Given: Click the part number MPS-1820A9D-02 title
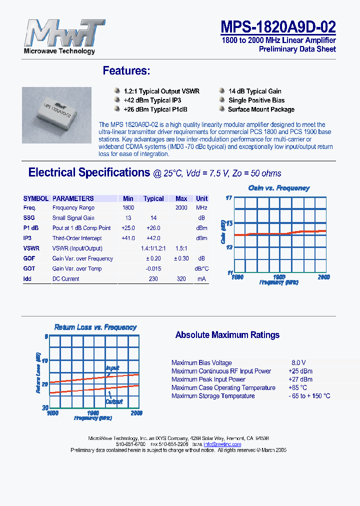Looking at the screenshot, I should pos(278,26).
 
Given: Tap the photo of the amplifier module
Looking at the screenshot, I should pos(56,110).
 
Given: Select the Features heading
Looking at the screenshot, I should pos(126,71).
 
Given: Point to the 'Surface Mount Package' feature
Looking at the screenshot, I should pos(261,109).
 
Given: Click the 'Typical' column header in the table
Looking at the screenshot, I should pos(153,198).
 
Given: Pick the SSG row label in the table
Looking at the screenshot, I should pos(29,218).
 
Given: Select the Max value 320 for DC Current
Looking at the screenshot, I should pos(181,279).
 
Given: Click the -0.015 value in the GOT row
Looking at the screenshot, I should pos(153,269).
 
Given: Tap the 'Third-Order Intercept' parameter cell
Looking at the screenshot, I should pos(77,238).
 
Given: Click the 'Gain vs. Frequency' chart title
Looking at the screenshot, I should pos(279,188).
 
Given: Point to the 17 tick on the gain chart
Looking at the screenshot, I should pos(228,198).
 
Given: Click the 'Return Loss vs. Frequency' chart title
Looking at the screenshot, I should pos(95,327).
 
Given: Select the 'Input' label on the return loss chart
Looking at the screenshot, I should pos(112,368).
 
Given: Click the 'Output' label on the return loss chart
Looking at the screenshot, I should pos(114,401).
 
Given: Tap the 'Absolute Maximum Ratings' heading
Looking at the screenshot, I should pos(227,335).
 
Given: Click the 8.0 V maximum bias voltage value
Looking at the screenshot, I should pos(298,363).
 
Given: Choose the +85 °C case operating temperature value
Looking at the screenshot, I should pos(297,387).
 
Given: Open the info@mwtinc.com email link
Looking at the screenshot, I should pos(222,444).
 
